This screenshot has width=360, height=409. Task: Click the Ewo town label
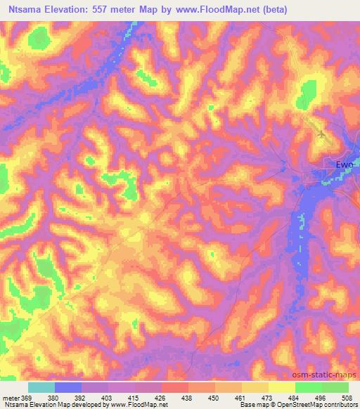[x=344, y=164]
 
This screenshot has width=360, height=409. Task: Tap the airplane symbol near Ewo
[x=322, y=133]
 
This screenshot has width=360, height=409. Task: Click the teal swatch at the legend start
[x=41, y=387]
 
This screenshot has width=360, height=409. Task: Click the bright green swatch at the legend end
[x=335, y=387]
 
